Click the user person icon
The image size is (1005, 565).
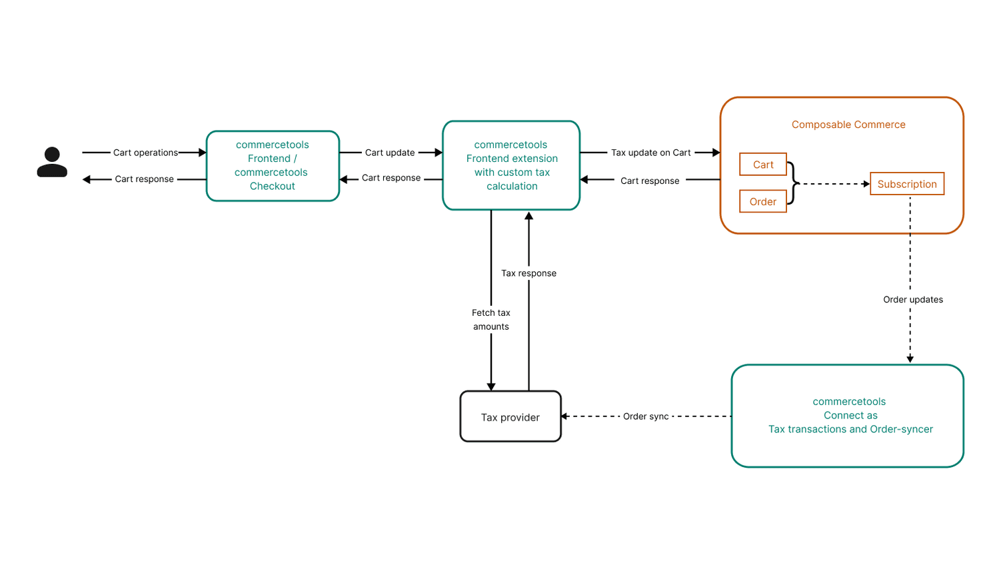click(52, 162)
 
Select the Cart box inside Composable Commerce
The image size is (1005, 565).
click(763, 165)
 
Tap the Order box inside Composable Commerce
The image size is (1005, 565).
click(763, 202)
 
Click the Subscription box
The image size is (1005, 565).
click(907, 184)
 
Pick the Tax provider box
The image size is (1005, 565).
click(510, 417)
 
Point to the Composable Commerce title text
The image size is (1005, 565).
click(848, 125)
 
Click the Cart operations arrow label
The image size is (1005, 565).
click(145, 153)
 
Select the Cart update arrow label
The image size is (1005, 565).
click(390, 153)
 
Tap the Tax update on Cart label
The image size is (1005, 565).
click(651, 153)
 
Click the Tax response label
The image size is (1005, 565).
click(528, 273)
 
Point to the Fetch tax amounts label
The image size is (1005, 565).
click(491, 320)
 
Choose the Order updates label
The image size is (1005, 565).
click(913, 300)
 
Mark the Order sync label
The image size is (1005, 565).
click(646, 416)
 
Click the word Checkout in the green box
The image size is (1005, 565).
click(272, 187)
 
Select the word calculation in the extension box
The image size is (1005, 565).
click(512, 187)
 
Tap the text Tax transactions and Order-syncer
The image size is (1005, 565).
click(850, 429)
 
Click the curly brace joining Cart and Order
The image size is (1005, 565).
click(792, 183)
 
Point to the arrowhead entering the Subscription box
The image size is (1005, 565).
click(866, 184)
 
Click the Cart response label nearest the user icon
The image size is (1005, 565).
click(144, 179)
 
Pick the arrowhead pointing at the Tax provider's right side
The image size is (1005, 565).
click(564, 416)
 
